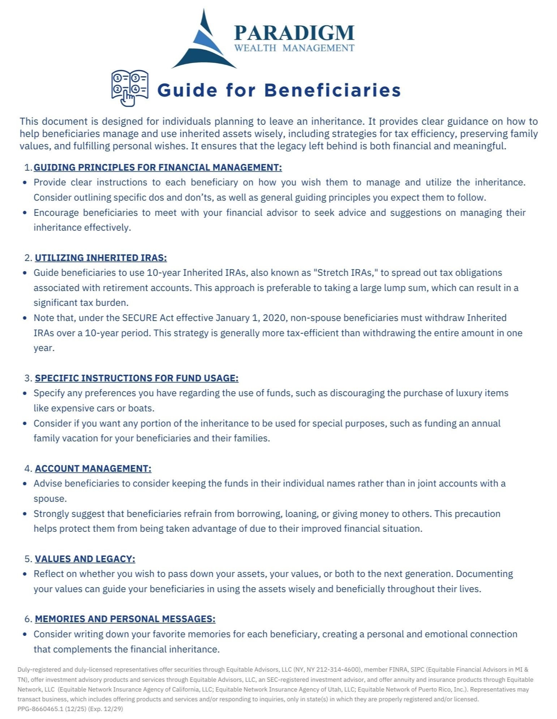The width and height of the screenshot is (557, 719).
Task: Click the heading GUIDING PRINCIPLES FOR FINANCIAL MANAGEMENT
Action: click(x=158, y=167)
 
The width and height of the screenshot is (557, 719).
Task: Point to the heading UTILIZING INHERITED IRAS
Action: click(x=101, y=258)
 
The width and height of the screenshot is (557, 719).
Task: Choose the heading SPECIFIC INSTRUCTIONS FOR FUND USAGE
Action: click(x=137, y=378)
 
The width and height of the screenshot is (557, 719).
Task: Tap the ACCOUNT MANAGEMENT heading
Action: click(x=93, y=468)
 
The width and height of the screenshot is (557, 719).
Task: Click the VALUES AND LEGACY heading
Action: click(x=85, y=559)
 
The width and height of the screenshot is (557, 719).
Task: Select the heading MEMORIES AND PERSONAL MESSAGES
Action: click(x=125, y=619)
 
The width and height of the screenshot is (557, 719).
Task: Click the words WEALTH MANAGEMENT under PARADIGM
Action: click(x=294, y=48)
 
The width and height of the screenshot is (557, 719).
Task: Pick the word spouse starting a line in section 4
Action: click(x=50, y=499)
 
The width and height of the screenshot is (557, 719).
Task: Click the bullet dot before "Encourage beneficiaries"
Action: click(x=25, y=213)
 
